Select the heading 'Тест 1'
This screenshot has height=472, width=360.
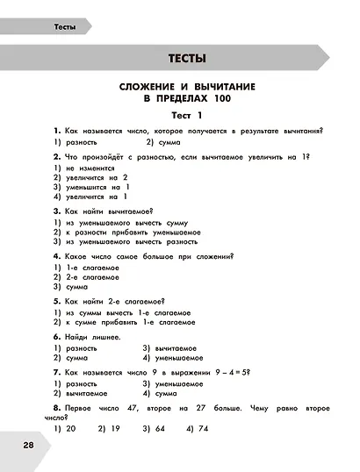coord(186,115)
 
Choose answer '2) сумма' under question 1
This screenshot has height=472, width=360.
coord(163,141)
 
